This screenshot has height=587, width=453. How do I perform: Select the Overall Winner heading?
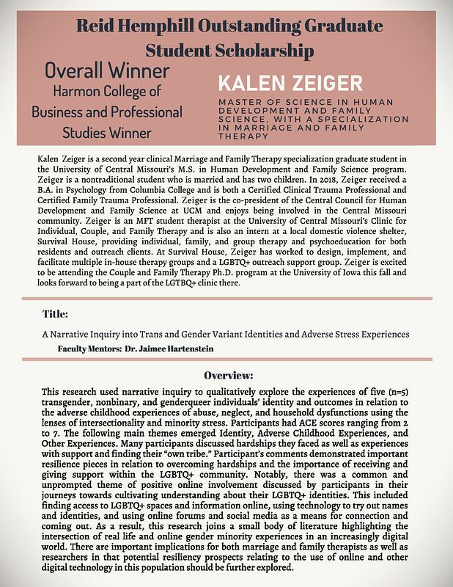106,71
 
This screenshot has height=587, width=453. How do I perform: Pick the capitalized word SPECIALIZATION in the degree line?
359,118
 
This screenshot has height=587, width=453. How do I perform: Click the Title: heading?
55,314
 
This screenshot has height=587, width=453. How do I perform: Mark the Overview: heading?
228,374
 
